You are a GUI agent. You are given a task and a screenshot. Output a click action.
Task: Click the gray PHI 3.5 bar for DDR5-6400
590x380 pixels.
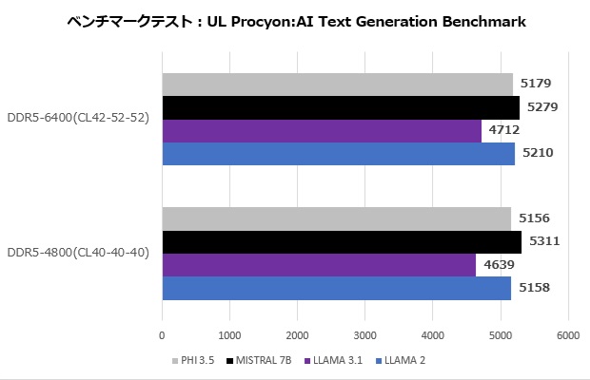tap(337, 84)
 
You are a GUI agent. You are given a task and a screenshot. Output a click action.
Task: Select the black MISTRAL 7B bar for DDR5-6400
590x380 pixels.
tap(341, 107)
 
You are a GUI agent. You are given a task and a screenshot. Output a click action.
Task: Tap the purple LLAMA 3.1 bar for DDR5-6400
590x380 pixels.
tap(322, 130)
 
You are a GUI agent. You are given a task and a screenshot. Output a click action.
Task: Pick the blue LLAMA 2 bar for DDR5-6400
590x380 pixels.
tap(338, 153)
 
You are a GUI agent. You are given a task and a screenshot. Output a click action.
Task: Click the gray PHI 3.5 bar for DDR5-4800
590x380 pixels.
tap(336, 218)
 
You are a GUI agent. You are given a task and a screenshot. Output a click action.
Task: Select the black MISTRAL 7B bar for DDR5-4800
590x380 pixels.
tap(342, 242)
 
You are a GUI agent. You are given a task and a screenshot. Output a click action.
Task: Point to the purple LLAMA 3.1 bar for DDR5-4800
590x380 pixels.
tap(319, 265)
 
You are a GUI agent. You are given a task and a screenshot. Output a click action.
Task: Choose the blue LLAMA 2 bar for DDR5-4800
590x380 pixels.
tap(336, 288)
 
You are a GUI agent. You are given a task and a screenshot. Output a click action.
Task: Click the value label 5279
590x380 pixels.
tap(542, 106)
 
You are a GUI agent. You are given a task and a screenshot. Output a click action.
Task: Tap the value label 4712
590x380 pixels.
tap(504, 129)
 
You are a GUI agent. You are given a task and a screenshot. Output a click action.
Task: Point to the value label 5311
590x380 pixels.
tap(543, 241)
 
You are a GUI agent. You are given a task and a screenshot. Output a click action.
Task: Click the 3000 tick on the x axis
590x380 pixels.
tap(365, 335)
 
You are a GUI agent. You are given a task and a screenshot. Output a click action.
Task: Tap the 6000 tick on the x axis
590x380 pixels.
tap(568, 335)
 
